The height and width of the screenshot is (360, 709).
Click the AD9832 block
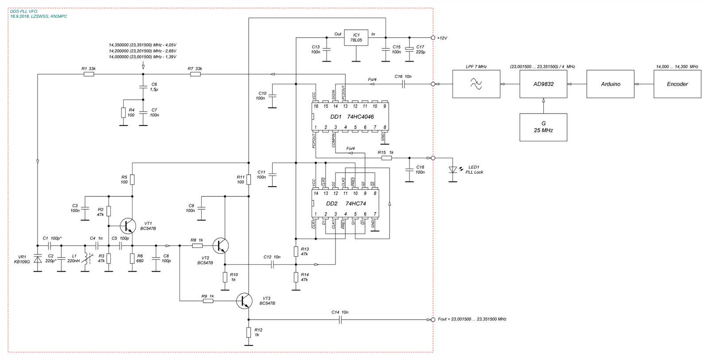(x=543, y=84)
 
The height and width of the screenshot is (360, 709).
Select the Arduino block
(x=610, y=84)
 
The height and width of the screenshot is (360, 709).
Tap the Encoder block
(x=677, y=84)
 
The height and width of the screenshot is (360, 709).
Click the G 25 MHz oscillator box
(x=543, y=127)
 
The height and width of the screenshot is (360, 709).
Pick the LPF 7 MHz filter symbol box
(x=476, y=84)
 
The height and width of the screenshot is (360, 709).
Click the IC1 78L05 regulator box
(x=355, y=38)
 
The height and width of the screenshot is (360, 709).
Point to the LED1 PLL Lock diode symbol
(x=452, y=169)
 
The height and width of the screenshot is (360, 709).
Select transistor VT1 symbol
(x=129, y=226)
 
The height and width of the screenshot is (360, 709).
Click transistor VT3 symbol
(x=245, y=300)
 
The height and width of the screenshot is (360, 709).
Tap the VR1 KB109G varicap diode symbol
(x=38, y=258)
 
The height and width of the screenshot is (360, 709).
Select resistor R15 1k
(x=386, y=157)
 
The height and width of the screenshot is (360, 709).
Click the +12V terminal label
(x=442, y=38)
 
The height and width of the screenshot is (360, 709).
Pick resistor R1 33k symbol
(x=89, y=74)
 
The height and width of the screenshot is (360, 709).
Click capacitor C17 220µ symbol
(x=409, y=49)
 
